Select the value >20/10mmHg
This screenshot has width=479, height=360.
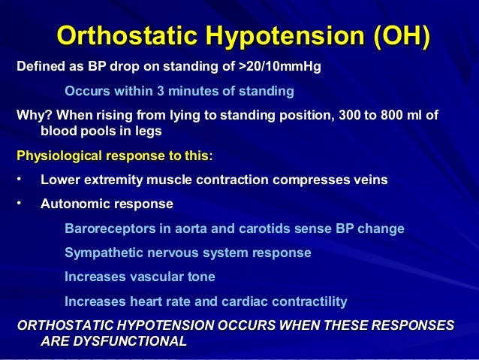tap(279, 68)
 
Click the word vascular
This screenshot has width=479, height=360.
tap(154, 277)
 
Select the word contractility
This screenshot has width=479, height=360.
tap(310, 301)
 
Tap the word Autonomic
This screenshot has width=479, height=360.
tap(72, 204)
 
